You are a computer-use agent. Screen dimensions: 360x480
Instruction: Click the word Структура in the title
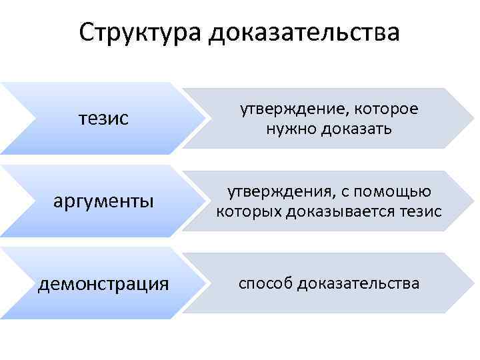coord(139,32)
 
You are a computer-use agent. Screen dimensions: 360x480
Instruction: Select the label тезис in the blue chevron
coord(103,119)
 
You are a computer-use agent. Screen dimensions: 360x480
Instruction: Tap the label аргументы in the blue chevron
coord(103,201)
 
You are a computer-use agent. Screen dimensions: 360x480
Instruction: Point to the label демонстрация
coord(103,284)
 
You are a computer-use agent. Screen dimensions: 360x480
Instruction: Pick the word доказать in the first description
coord(354,128)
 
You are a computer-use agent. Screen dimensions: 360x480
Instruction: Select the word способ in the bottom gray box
coord(266,284)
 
